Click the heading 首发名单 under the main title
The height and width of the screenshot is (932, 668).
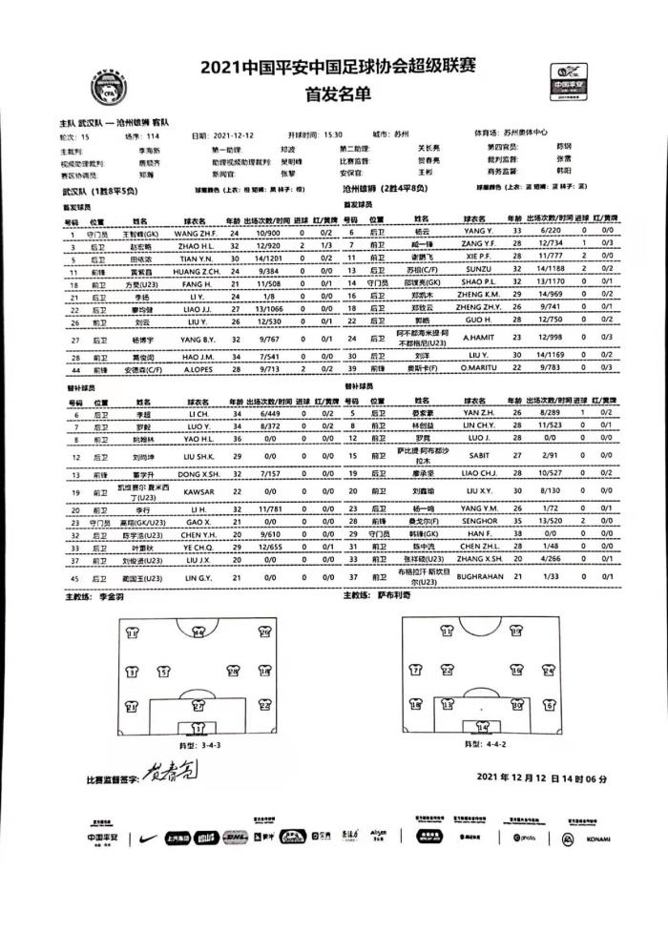click(x=334, y=94)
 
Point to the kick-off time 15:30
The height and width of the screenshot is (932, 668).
click(x=332, y=135)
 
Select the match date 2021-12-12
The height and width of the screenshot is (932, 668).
click(x=236, y=135)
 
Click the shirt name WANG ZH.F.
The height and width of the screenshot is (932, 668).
click(x=197, y=233)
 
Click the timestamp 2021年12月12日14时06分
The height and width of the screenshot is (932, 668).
click(x=541, y=777)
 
